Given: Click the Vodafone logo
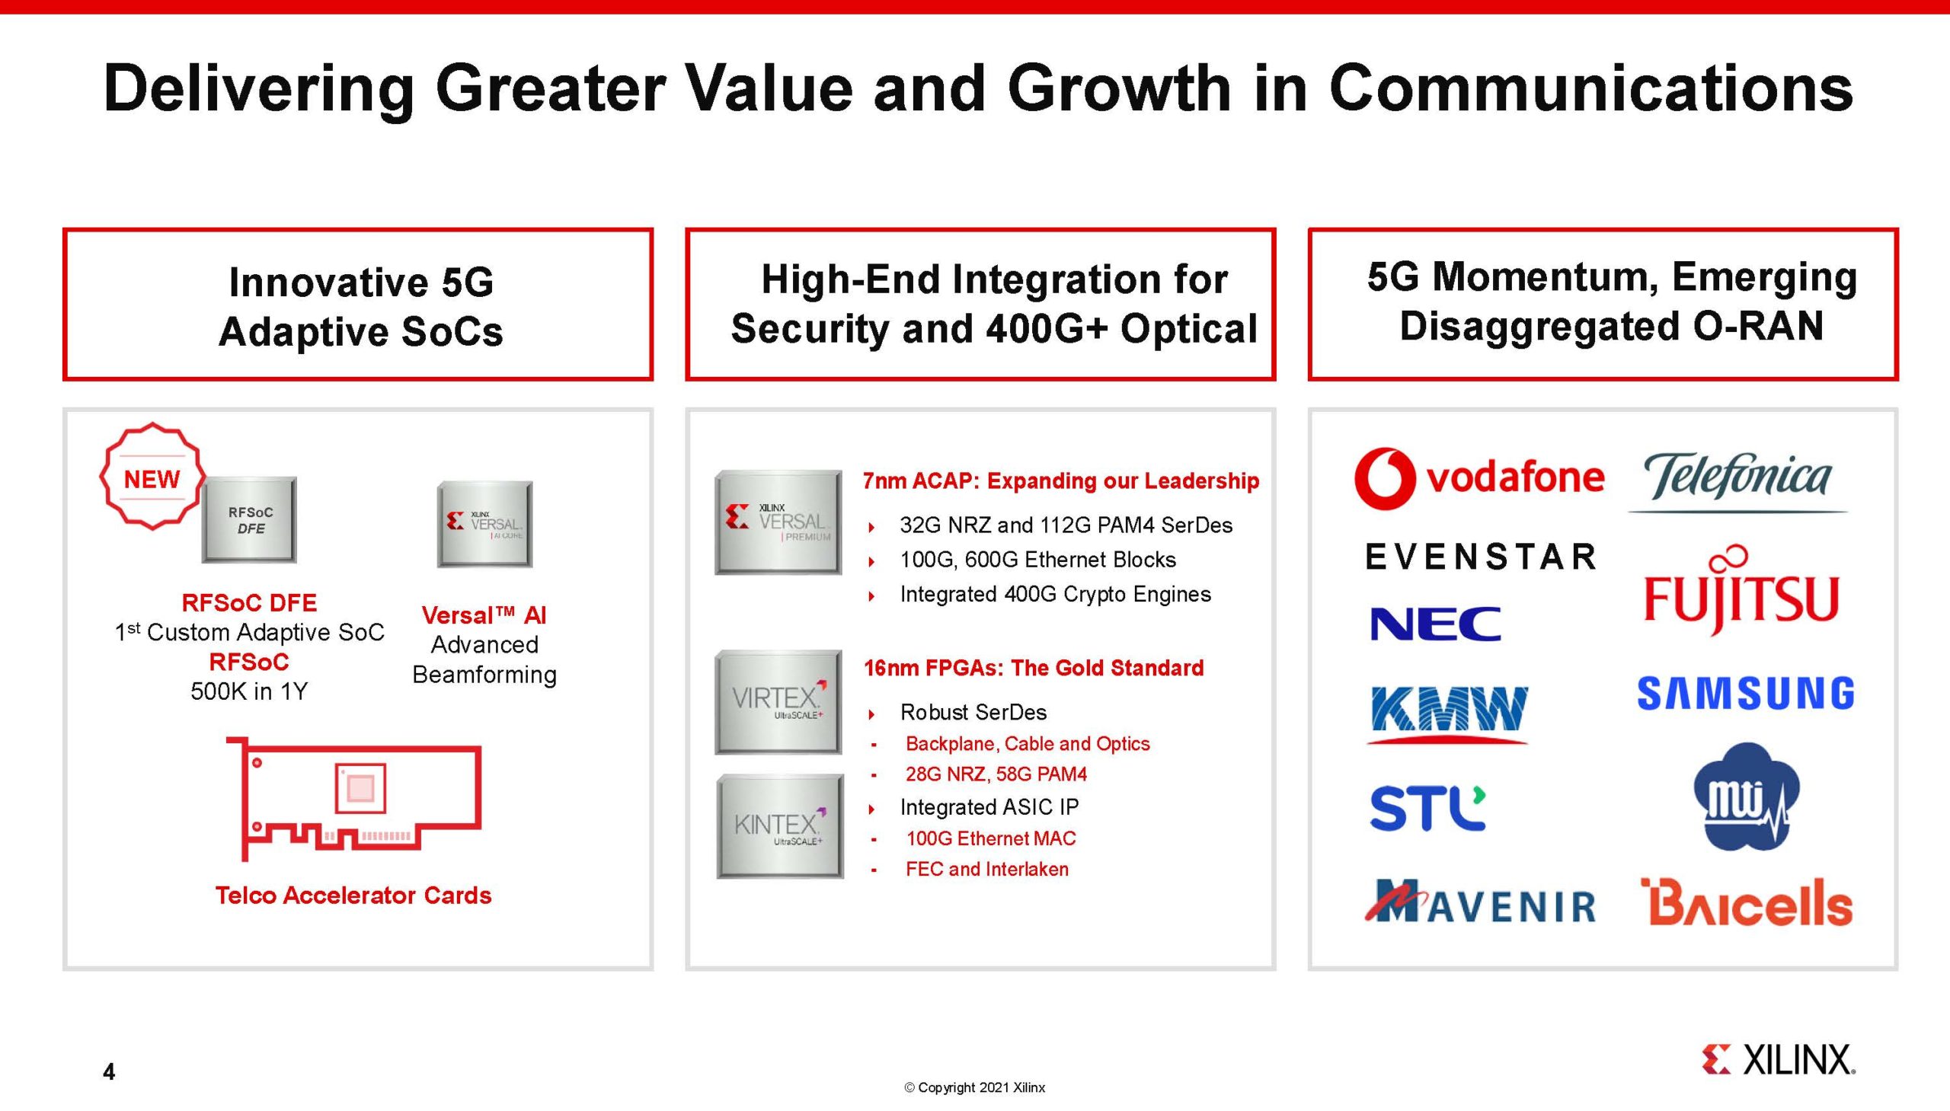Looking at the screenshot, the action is (x=1479, y=477).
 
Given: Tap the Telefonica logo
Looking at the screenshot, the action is (x=1737, y=480).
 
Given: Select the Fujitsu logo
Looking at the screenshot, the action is (x=1741, y=591).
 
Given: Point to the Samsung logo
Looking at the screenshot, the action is (x=1745, y=693).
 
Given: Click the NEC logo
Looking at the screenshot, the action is (x=1436, y=624).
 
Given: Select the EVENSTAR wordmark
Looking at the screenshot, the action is (x=1481, y=557).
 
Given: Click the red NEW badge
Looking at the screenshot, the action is (x=152, y=476).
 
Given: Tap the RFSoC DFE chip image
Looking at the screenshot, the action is (x=250, y=519).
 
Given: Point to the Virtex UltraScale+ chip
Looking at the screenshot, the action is (x=778, y=702).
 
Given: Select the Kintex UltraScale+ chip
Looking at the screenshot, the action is (x=780, y=826).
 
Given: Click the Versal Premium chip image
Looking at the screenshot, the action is (x=778, y=522).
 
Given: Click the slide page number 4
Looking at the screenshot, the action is (x=109, y=1072).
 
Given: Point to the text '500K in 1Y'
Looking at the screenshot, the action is (x=249, y=691).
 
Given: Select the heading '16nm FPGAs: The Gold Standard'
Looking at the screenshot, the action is (x=1034, y=668).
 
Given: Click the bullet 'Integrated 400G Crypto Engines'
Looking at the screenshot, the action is (x=1056, y=594).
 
